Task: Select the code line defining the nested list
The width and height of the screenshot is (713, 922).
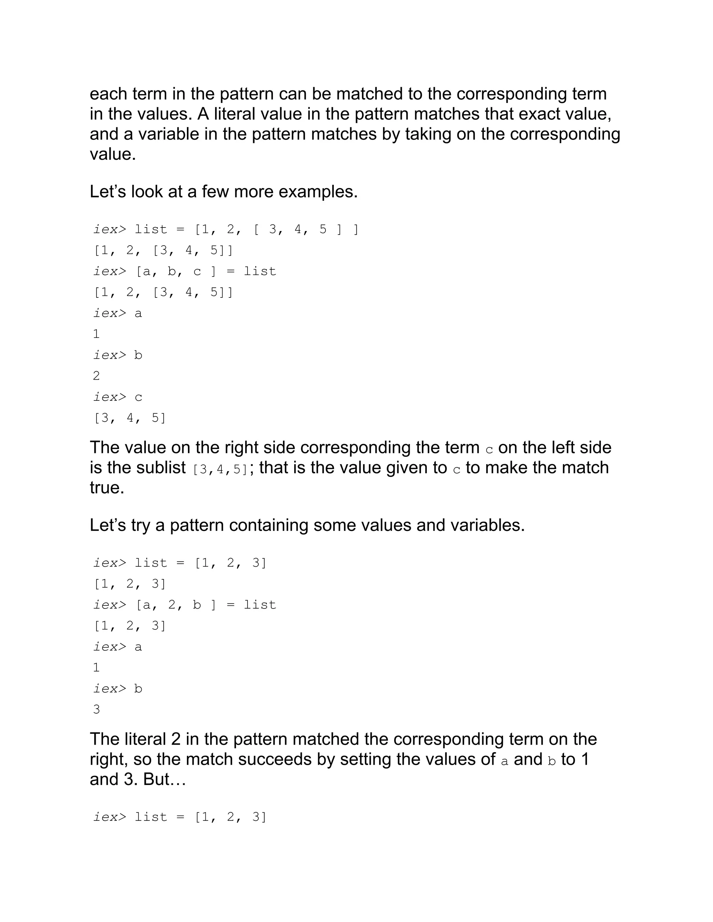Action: (x=226, y=229)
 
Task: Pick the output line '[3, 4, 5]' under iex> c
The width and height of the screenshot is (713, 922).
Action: (x=130, y=418)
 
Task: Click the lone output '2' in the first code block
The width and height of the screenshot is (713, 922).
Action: (x=96, y=376)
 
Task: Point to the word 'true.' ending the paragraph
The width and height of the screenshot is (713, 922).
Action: (x=107, y=488)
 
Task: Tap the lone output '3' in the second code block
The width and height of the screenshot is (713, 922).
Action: (x=96, y=709)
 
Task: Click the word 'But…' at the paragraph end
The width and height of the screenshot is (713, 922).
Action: (x=165, y=779)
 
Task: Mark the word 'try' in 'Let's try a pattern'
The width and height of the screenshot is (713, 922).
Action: (x=141, y=525)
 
